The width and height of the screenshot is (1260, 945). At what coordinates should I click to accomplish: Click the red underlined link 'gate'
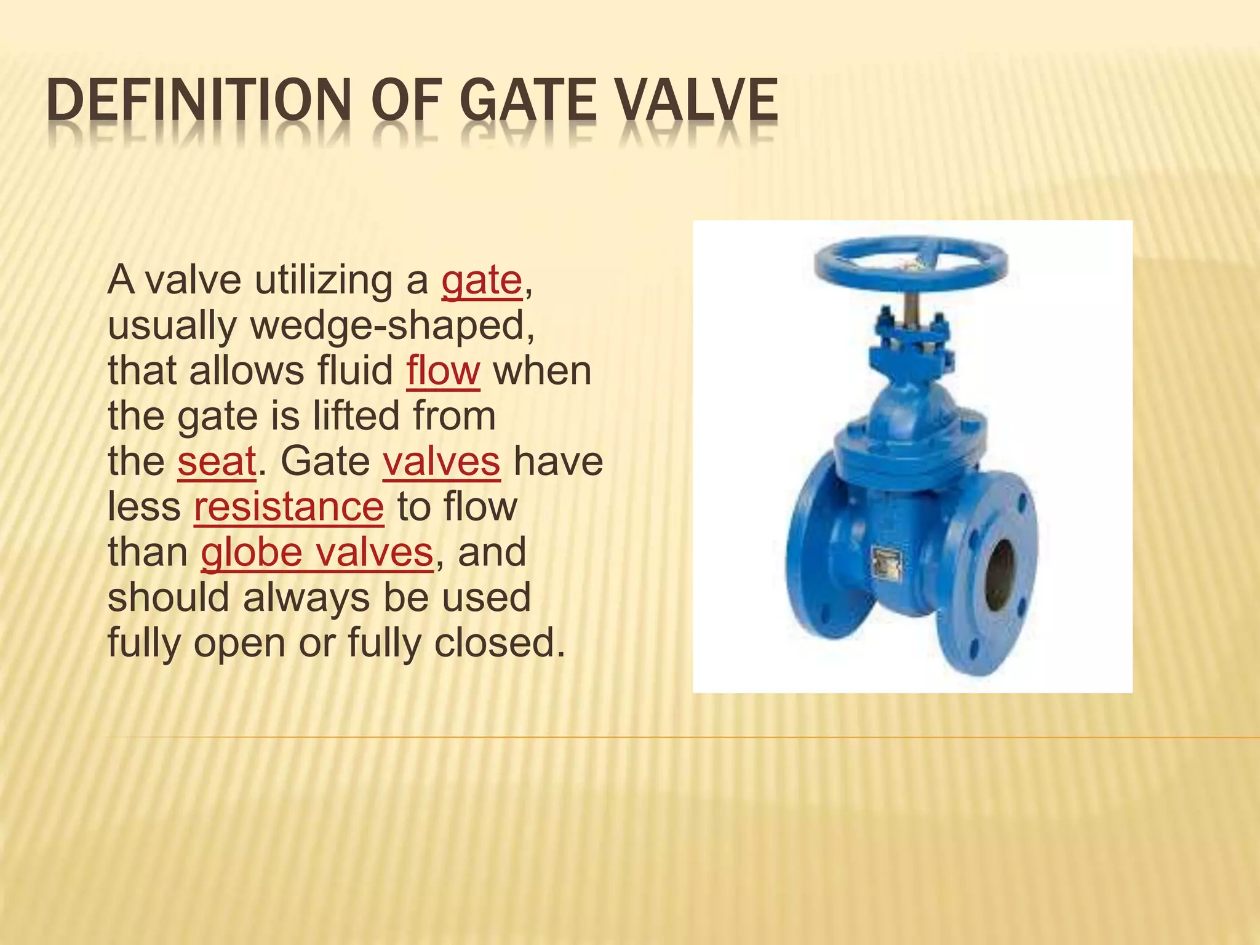coord(481,281)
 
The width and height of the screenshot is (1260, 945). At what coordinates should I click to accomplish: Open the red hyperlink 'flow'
coord(442,371)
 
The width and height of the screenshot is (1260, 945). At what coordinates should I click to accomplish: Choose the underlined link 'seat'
coord(217,461)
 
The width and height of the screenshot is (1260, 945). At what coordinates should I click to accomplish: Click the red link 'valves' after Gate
coord(441,461)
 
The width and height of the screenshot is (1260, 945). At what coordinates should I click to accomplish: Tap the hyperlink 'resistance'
coord(289,507)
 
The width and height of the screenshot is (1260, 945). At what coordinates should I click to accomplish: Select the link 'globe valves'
coord(317,552)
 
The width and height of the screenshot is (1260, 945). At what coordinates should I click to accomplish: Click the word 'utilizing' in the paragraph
coord(322,281)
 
